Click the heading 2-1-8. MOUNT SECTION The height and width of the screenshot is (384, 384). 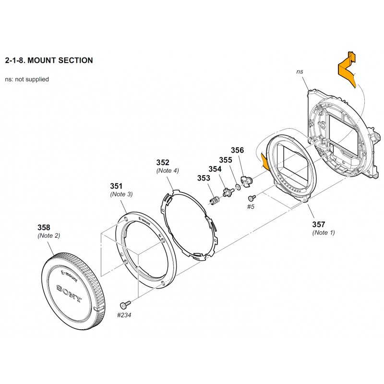[x=48, y=60]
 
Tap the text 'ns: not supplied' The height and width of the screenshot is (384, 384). [x=26, y=79]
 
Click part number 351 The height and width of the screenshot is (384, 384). [x=117, y=186]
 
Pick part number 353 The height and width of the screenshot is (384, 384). [x=204, y=179]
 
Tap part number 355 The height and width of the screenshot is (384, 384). [x=226, y=160]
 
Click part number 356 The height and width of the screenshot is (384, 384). [x=238, y=150]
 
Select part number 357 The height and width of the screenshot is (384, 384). [x=319, y=224]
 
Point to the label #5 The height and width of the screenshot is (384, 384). [x=250, y=207]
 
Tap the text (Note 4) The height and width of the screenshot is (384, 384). [x=168, y=170]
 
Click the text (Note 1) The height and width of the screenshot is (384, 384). [x=324, y=232]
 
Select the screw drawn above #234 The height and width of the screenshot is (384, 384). [x=126, y=303]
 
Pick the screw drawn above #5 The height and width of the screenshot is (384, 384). [x=252, y=197]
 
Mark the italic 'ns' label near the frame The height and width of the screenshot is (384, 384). [x=300, y=72]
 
